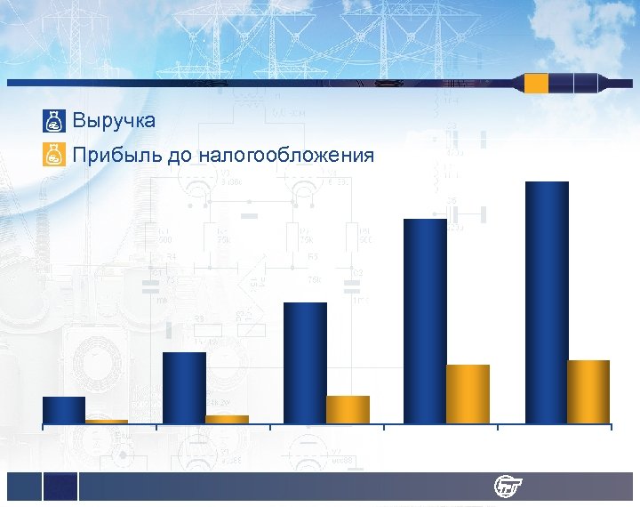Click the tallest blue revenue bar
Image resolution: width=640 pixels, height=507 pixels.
pyautogui.click(x=547, y=302)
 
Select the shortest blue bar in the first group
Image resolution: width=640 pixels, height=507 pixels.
pyautogui.click(x=64, y=410)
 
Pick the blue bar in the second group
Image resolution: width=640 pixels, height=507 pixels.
pyautogui.click(x=184, y=388)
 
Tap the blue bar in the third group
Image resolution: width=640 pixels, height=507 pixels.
pyautogui.click(x=305, y=363)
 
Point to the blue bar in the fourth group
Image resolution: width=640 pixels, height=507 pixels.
pyautogui.click(x=425, y=321)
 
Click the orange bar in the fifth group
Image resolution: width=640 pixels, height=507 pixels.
pyautogui.click(x=588, y=391)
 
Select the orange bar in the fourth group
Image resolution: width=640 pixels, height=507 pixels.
pyautogui.click(x=468, y=394)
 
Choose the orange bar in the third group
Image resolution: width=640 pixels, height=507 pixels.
pyautogui.click(x=348, y=409)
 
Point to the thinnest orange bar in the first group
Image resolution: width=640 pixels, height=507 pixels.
pyautogui.click(x=107, y=421)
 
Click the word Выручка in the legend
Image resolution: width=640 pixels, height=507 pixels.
pyautogui.click(x=114, y=119)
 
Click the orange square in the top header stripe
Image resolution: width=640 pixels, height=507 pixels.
pyautogui.click(x=536, y=84)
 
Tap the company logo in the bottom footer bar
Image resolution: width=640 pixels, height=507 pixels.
pyautogui.click(x=509, y=487)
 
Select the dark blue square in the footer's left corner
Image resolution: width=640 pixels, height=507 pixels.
pyautogui.click(x=60, y=486)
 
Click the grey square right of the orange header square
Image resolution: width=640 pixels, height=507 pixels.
pyautogui.click(x=561, y=84)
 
